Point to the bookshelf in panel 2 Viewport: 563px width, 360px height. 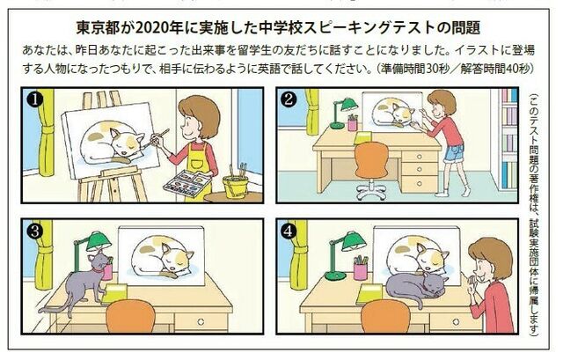(509, 132)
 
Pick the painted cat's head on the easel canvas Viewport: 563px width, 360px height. (124, 141)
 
